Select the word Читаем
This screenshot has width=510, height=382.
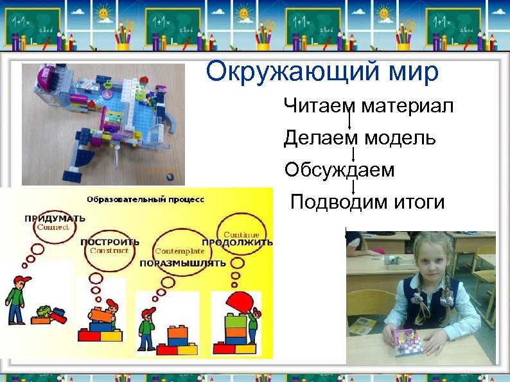(319, 106)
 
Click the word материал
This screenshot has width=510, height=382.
(407, 106)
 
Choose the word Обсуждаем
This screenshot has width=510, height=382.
(340, 170)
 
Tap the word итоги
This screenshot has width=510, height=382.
(418, 202)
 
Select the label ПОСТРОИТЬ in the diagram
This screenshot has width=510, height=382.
(110, 242)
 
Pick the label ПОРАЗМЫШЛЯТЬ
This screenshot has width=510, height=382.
(182, 263)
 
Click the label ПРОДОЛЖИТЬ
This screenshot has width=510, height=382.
(237, 242)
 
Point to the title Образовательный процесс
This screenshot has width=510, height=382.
(145, 199)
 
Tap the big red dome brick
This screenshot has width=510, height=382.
(234, 302)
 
